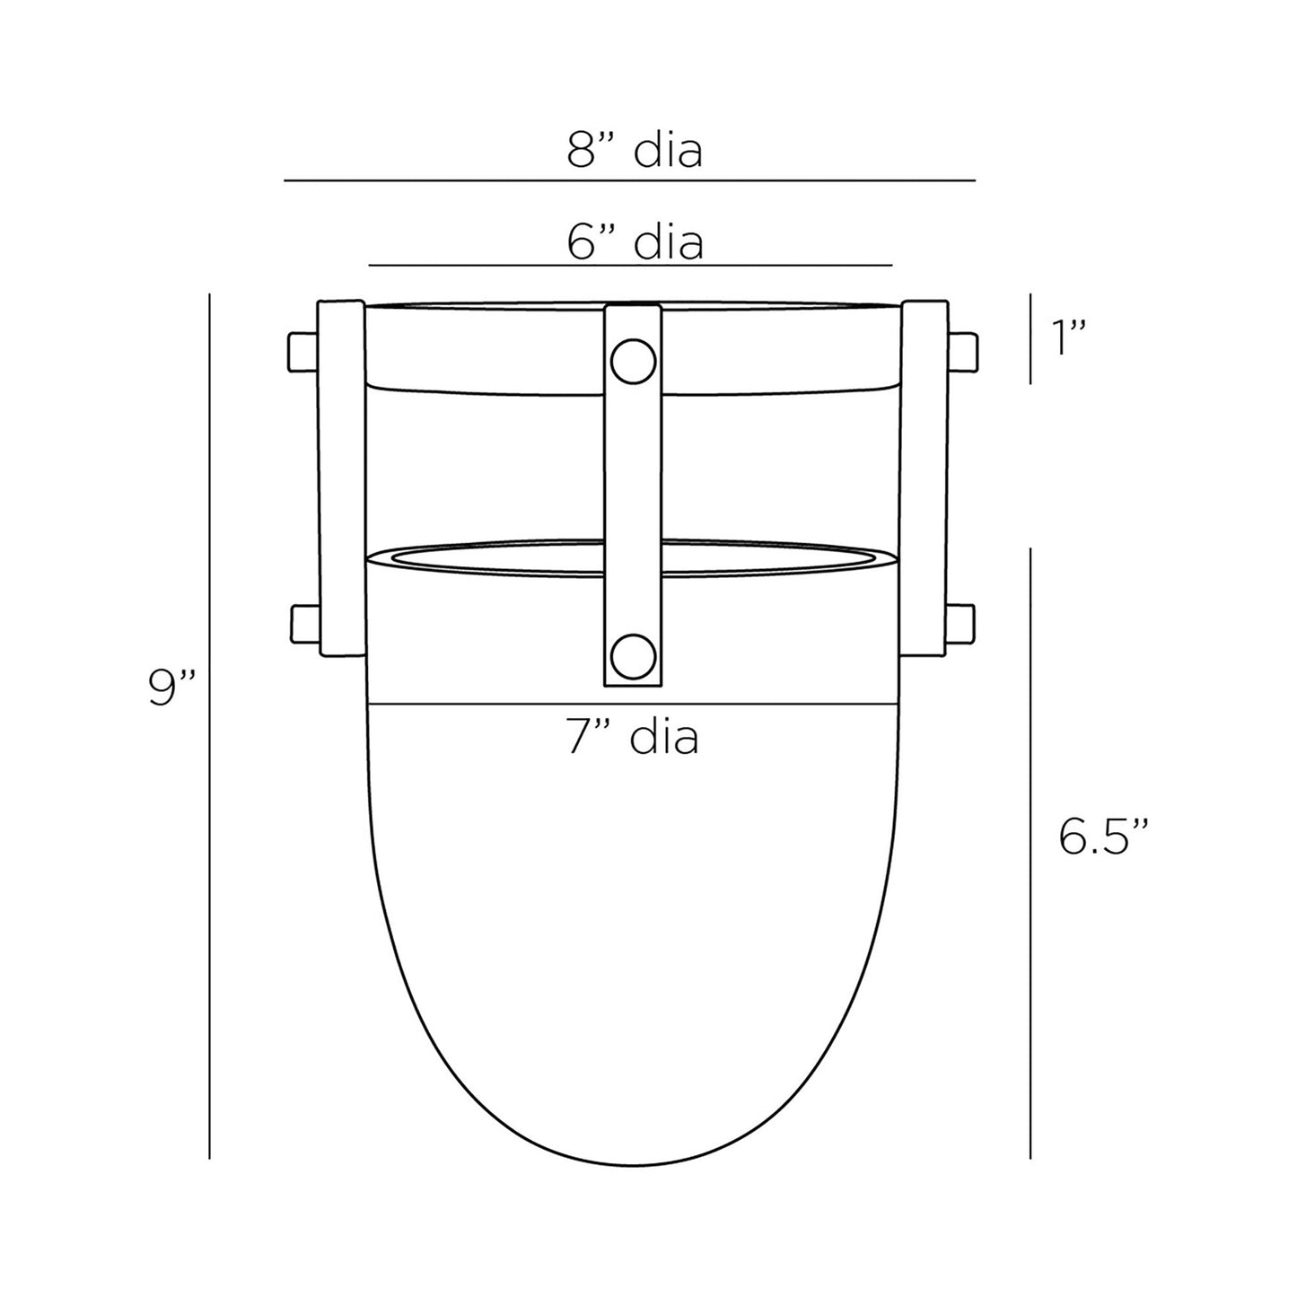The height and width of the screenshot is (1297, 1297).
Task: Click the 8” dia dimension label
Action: click(x=634, y=151)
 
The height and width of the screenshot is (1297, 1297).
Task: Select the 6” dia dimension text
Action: click(x=635, y=241)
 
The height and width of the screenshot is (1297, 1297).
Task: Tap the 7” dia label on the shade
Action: click(x=633, y=738)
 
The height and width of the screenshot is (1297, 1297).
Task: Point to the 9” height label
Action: click(x=172, y=689)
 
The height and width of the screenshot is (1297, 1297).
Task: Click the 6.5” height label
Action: click(x=1103, y=837)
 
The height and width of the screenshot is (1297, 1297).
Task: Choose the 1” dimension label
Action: click(x=1070, y=338)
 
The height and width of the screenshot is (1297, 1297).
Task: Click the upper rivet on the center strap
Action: click(x=633, y=361)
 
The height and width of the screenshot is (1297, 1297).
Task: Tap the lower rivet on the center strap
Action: click(x=633, y=656)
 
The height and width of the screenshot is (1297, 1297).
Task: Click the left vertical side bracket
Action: click(x=342, y=480)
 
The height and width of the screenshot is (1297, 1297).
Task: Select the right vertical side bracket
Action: click(x=924, y=480)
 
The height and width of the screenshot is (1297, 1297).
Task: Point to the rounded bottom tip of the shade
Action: click(x=633, y=1164)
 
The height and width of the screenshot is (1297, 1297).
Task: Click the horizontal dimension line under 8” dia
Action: click(x=629, y=180)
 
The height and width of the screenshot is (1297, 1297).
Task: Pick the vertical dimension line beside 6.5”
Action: click(x=1030, y=853)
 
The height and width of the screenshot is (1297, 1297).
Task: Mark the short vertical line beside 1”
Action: click(x=1030, y=338)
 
